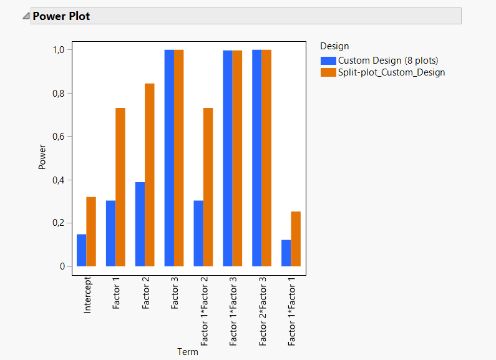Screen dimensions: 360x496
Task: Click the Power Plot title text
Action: [x=61, y=16]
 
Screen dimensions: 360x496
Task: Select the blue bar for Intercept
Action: [x=82, y=250]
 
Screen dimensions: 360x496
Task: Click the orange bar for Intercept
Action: [x=91, y=232]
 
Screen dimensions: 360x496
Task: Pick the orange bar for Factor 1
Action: [x=120, y=187]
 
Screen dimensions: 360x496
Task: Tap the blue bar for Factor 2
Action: [x=140, y=224]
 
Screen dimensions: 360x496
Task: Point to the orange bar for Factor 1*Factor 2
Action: [x=208, y=187]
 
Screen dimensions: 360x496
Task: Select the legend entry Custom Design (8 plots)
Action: [x=386, y=61]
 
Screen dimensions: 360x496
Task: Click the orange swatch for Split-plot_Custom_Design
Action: [x=328, y=72]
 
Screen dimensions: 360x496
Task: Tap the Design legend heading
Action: [x=334, y=46]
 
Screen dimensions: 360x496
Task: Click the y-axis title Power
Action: [x=42, y=158]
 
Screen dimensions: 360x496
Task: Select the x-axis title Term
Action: [x=188, y=352]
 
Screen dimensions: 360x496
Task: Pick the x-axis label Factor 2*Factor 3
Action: [x=263, y=313]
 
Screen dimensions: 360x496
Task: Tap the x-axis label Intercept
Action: [x=87, y=296]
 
